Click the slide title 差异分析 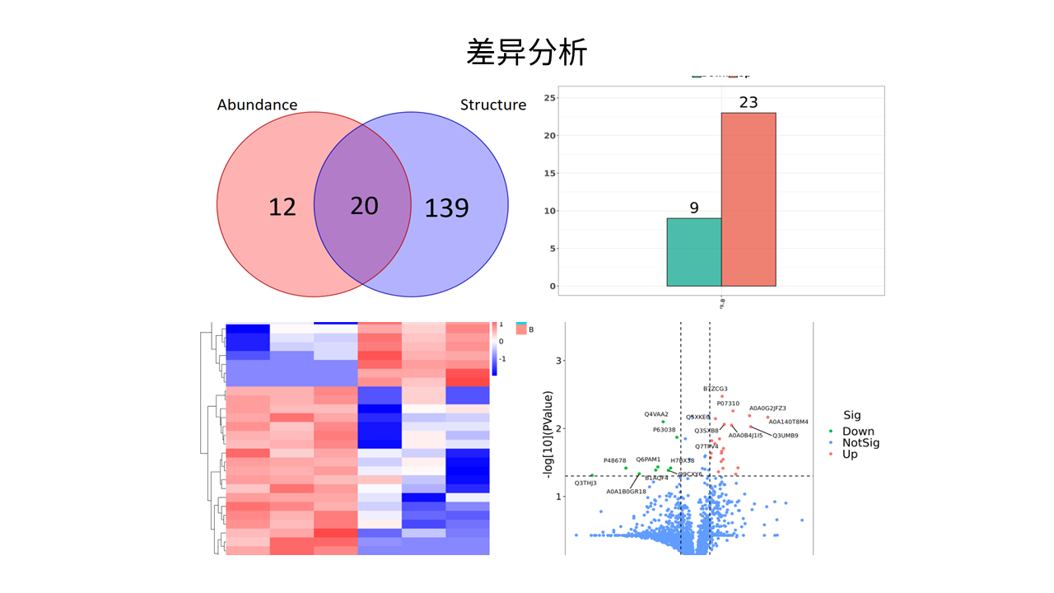point(527,53)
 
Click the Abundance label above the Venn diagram point(257,105)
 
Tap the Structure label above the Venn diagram point(492,105)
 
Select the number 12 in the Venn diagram point(282,207)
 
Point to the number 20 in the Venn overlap point(363,205)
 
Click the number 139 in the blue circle point(446,208)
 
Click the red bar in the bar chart point(748,199)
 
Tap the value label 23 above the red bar point(748,103)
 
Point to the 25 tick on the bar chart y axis point(551,98)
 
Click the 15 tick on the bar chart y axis point(551,174)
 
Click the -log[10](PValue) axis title point(548,437)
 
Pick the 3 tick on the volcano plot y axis point(558,361)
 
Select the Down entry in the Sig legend point(857,432)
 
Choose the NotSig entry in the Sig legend point(860,443)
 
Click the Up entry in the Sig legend point(849,454)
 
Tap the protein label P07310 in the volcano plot point(728,404)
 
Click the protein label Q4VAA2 point(656,414)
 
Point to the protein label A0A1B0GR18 point(626,492)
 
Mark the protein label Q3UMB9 point(785,435)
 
